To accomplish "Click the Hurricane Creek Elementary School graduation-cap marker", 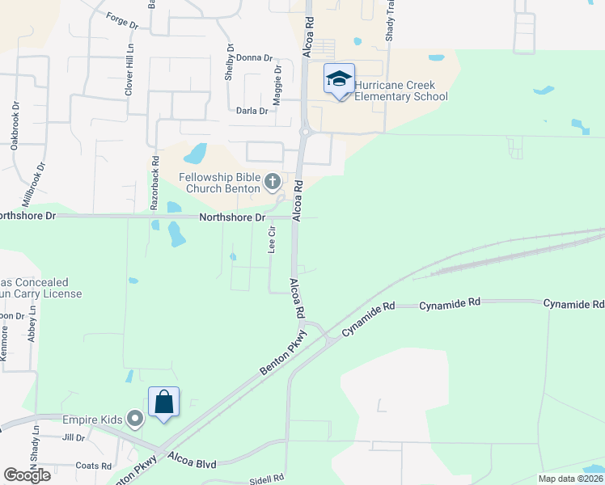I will tap(339, 79).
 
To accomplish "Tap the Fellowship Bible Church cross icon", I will tap(273, 179).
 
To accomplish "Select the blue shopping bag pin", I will tap(163, 402).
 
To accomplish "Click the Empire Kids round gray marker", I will tap(135, 419).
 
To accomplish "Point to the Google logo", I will tap(27, 475).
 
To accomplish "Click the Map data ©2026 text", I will tap(570, 479).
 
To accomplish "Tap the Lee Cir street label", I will tap(272, 240).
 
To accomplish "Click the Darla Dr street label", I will tap(251, 111).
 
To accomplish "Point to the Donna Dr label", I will tap(253, 58).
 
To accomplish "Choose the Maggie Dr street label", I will tap(277, 81).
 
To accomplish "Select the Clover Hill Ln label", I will tap(128, 71).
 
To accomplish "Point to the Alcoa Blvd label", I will tap(192, 464).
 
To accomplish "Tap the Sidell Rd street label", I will tap(266, 479).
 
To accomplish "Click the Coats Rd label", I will tap(93, 466).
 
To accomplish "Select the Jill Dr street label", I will tap(74, 437).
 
